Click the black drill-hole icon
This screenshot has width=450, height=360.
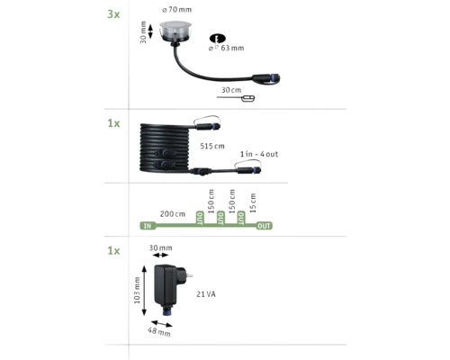[x=217, y=39]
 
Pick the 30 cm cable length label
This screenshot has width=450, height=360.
[x=231, y=90]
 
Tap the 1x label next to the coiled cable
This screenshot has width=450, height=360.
[x=113, y=122]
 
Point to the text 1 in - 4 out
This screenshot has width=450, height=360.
[x=260, y=155]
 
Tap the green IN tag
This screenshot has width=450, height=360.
[x=147, y=226]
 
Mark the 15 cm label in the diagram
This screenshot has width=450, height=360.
[x=253, y=202]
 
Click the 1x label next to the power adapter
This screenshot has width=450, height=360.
[x=113, y=251]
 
